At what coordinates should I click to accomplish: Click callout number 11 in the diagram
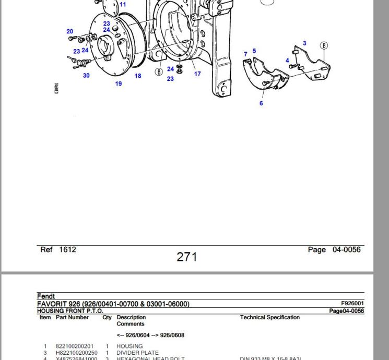pos(123,5)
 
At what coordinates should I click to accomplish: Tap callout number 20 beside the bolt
pos(70,32)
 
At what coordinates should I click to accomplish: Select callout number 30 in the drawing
pos(86,76)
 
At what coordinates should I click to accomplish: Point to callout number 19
pos(119,84)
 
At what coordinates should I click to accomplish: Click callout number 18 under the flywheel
pos(138,76)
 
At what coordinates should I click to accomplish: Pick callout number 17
pos(197,74)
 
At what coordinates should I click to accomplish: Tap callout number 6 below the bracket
pos(261,103)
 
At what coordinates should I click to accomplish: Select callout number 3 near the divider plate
pos(304,44)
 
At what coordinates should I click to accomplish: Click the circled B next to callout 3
pos(324,45)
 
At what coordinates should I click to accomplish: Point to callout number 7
pos(245,54)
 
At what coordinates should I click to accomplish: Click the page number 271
pos(187,257)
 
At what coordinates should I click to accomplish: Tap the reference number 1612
pos(67,249)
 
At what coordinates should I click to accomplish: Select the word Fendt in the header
pos(46,296)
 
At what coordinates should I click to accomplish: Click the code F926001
pos(352,304)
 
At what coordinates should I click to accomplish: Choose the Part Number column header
pos(72,317)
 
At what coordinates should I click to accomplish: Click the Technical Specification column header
pos(270,317)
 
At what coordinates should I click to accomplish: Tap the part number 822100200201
pos(75,346)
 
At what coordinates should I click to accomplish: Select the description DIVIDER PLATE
pos(137,353)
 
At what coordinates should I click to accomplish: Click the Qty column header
pos(107,317)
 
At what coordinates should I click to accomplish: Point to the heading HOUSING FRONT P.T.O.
pos(70,311)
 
